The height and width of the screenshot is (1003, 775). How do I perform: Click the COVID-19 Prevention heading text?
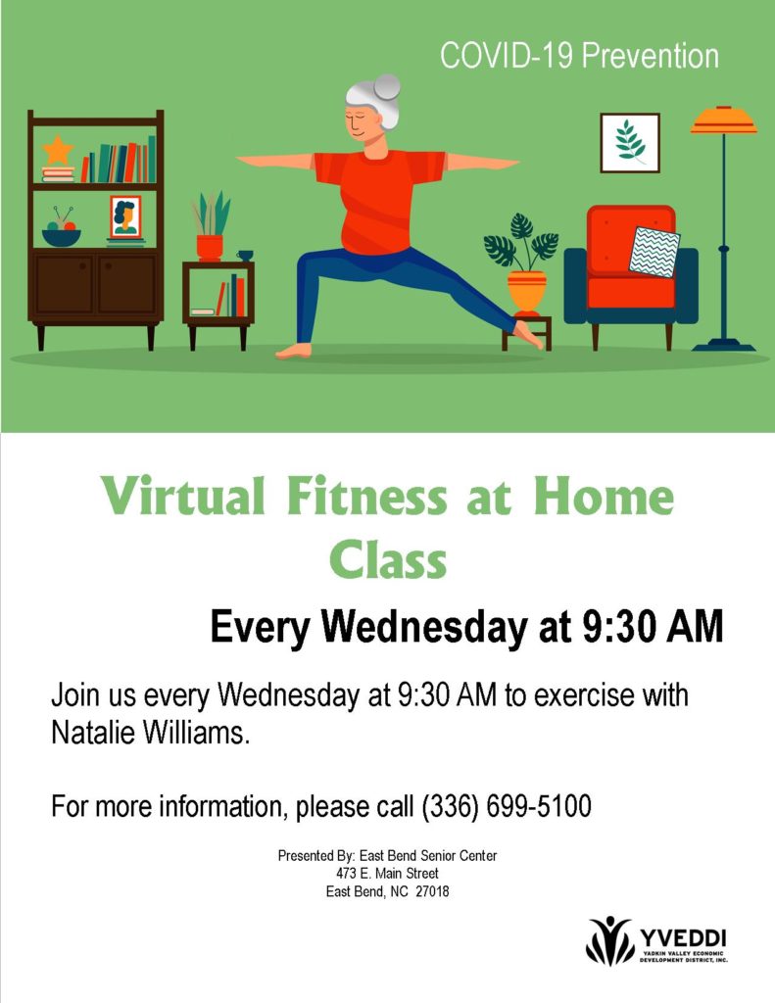[x=579, y=56]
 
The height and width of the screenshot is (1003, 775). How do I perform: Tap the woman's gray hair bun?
[x=387, y=86]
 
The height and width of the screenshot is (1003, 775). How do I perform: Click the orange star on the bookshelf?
[x=58, y=151]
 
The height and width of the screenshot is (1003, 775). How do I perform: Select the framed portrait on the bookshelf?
[x=124, y=216]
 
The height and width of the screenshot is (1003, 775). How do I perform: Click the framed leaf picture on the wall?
[x=630, y=143]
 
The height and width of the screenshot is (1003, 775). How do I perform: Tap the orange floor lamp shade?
[x=724, y=120]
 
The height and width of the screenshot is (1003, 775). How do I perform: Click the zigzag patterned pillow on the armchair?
[x=654, y=252]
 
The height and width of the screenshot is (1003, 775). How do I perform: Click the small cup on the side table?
[x=245, y=256]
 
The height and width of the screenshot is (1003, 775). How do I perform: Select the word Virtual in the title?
[x=183, y=496]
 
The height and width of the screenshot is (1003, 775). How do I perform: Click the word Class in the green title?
[x=388, y=559]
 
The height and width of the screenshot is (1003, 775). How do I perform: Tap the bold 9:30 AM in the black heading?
[x=653, y=626]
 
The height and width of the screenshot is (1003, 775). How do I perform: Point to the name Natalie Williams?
[x=150, y=733]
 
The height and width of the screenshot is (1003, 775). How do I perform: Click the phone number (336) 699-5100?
[x=507, y=806]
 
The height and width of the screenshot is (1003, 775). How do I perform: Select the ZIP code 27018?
[x=433, y=891]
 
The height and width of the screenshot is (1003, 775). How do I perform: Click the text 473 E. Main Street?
[x=387, y=873]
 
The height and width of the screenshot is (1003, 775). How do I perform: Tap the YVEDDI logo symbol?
[x=609, y=940]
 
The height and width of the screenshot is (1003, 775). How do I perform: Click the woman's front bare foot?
[x=294, y=351]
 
